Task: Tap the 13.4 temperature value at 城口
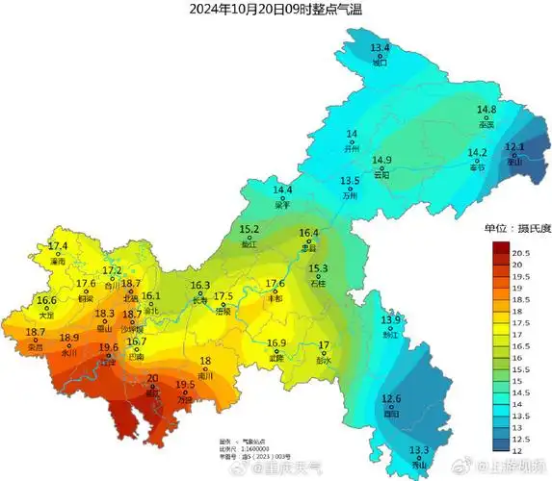click(380, 48)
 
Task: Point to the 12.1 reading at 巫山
click(514, 147)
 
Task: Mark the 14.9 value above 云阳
click(382, 160)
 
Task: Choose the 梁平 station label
click(282, 205)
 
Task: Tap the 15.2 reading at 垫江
click(250, 230)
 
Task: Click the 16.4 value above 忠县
click(309, 233)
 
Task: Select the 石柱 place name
click(318, 284)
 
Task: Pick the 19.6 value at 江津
click(109, 347)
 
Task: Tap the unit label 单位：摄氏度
click(517, 229)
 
